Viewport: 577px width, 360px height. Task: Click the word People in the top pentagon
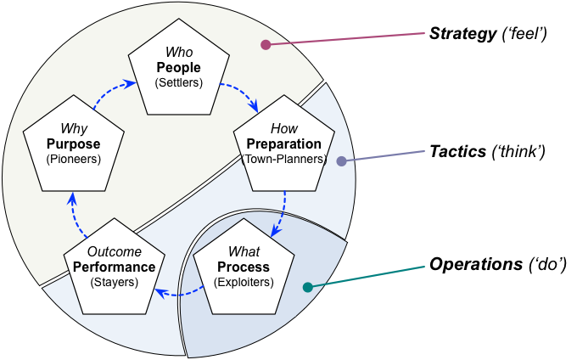click(x=178, y=68)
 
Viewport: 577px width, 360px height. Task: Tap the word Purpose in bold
click(x=73, y=144)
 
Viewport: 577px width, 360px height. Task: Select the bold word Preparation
click(x=283, y=144)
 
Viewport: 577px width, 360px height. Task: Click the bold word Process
click(x=244, y=267)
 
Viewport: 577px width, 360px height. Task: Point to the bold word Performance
click(x=114, y=267)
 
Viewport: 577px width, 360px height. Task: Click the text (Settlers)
click(x=178, y=82)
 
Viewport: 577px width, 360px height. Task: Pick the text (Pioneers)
click(x=73, y=159)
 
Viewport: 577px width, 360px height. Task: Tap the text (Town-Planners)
click(x=283, y=159)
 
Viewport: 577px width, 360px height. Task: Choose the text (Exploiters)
click(x=244, y=283)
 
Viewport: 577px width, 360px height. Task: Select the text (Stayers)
click(x=114, y=283)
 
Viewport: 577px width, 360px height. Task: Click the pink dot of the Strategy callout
click(x=266, y=45)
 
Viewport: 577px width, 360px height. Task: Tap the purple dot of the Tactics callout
click(x=341, y=160)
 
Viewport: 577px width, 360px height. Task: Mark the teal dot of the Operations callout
click(x=308, y=287)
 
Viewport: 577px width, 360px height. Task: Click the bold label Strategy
click(x=463, y=33)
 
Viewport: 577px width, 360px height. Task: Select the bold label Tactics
click(x=457, y=152)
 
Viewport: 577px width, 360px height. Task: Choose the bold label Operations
click(x=476, y=264)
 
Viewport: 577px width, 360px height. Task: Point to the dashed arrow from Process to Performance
click(x=179, y=294)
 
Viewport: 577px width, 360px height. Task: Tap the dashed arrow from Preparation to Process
click(x=283, y=215)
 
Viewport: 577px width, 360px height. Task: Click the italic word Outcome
click(x=114, y=252)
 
